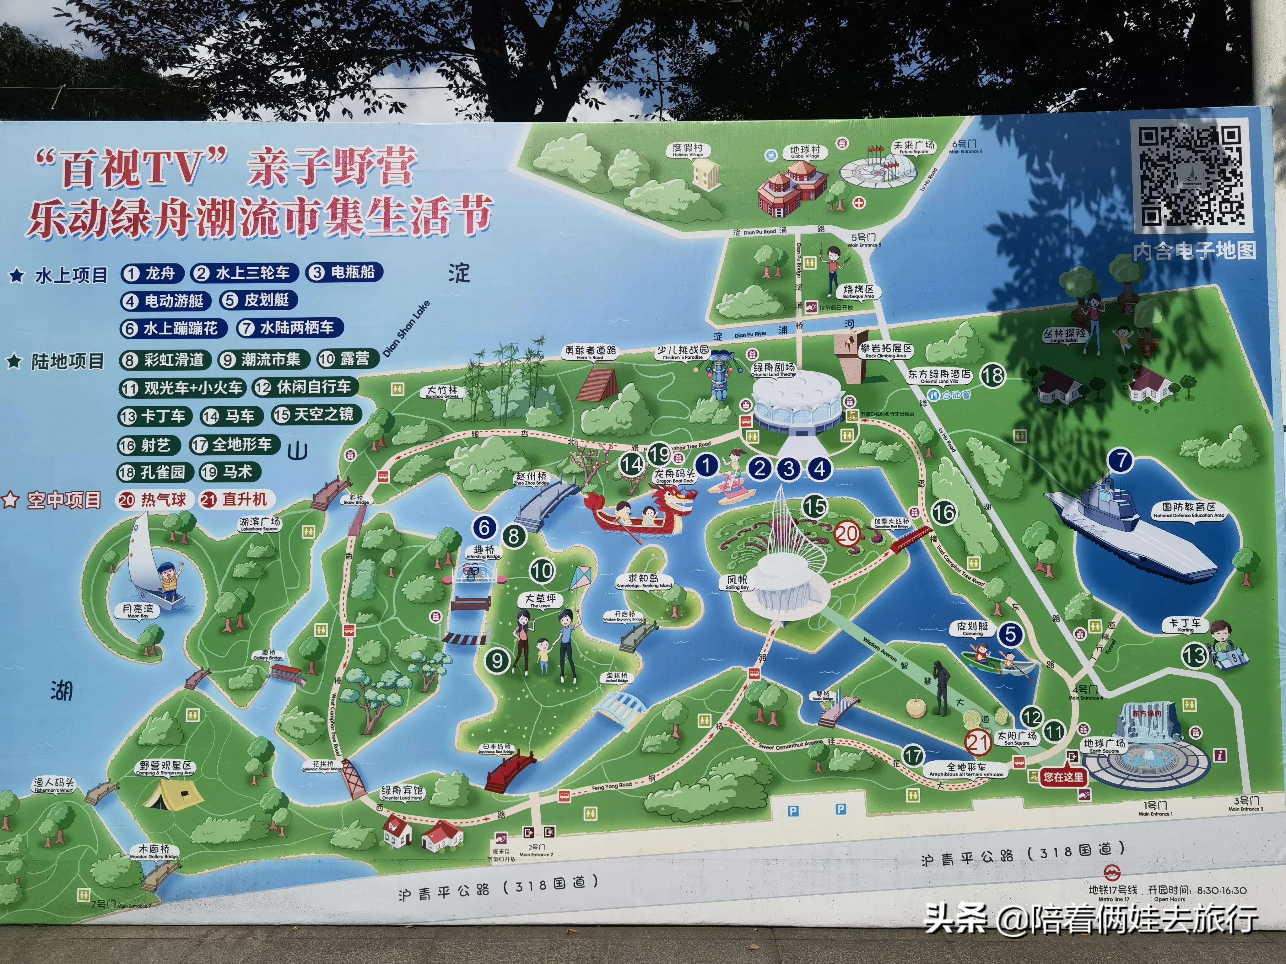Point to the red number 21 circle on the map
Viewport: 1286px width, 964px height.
coord(978,742)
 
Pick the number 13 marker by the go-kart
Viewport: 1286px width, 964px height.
coord(1195,656)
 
